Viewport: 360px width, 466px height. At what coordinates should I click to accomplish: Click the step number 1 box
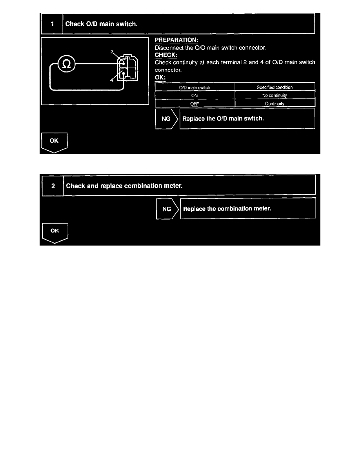pos(52,24)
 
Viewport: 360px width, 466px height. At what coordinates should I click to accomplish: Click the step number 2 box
pos(53,186)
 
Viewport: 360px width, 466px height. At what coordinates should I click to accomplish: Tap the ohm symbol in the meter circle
pos(67,64)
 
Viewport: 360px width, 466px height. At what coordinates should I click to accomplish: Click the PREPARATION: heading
pos(176,40)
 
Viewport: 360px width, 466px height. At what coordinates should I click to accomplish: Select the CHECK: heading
pos(166,55)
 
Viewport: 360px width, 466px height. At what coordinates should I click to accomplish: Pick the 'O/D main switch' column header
pos(195,87)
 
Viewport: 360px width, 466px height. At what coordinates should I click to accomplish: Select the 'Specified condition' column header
pos(275,87)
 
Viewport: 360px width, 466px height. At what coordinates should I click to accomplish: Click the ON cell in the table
pos(195,96)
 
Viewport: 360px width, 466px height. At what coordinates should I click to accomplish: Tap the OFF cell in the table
pos(195,104)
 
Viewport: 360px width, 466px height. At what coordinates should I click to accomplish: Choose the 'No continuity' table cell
pos(275,96)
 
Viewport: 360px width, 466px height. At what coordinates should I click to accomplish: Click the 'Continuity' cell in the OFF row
pos(275,104)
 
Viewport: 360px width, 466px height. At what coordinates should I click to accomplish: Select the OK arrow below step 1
pos(55,142)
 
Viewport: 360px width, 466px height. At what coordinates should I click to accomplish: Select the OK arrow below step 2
pos(55,232)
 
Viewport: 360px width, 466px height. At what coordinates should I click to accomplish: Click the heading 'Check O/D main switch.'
pos(101,24)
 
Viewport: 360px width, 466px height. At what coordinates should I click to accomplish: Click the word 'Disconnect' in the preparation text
pos(169,48)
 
